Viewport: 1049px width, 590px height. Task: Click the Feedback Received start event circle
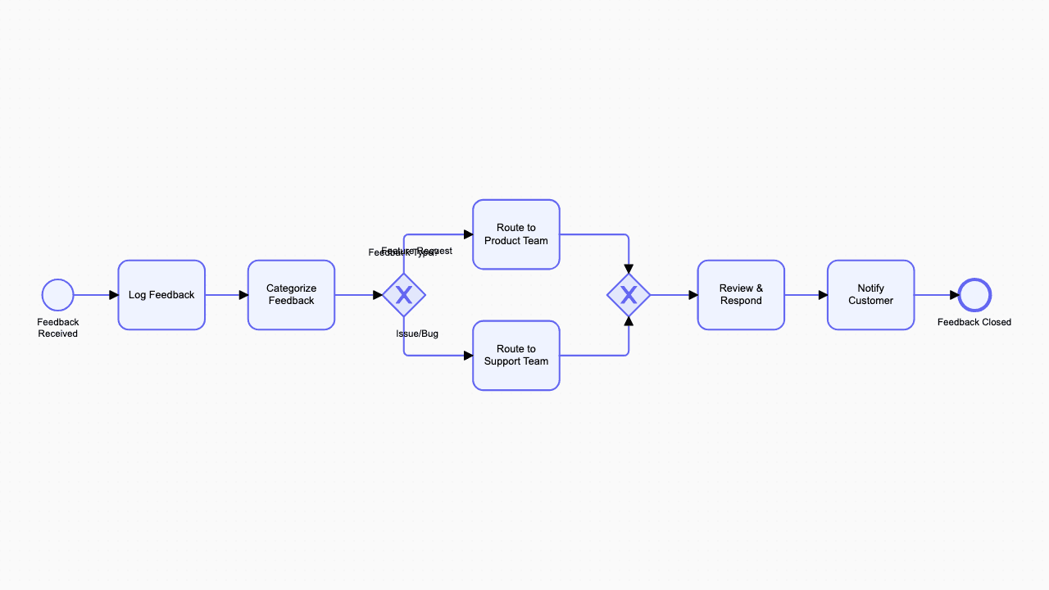click(x=58, y=295)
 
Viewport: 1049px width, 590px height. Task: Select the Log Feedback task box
click(x=161, y=295)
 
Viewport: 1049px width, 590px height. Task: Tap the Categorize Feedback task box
click(x=291, y=295)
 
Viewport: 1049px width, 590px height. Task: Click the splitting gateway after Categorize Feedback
click(x=404, y=295)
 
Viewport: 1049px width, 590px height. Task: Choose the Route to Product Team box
click(x=516, y=234)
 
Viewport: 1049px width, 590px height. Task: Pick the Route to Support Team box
click(x=516, y=356)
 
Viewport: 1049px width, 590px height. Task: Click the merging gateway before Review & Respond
click(x=629, y=295)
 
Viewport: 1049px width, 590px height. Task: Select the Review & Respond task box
click(x=741, y=295)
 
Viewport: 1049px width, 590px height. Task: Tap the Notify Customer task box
click(x=870, y=295)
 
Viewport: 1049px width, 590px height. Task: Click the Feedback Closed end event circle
click(x=974, y=295)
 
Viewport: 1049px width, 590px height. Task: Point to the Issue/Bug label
click(x=417, y=334)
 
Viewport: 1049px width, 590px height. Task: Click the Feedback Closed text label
click(x=974, y=322)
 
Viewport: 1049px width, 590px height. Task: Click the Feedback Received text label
click(x=58, y=328)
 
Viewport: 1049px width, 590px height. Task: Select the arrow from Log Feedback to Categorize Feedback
click(x=226, y=295)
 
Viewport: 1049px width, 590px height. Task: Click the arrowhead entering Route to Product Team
click(x=468, y=234)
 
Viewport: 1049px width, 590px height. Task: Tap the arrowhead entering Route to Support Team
click(x=468, y=356)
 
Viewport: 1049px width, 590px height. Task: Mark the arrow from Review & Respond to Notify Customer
click(x=806, y=295)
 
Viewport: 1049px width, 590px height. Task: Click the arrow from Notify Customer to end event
click(x=936, y=295)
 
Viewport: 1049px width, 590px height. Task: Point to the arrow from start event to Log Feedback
click(x=96, y=295)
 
